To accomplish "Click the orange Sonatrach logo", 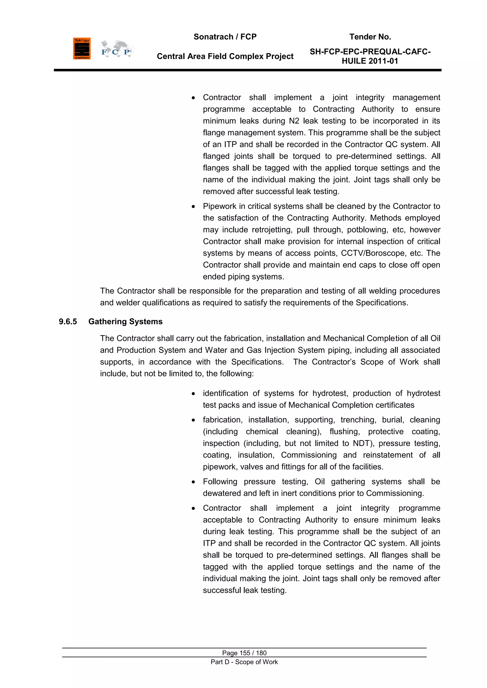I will tap(82, 48).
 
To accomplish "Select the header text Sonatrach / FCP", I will tap(225, 37).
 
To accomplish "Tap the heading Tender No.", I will tap(370, 37).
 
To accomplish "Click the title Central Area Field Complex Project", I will tap(225, 56).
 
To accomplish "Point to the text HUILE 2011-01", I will tap(370, 61).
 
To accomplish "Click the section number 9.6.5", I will tap(68, 322).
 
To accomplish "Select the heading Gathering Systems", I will tap(125, 322).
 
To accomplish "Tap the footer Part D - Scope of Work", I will tap(244, 662).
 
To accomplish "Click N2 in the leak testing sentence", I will tap(294, 121).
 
